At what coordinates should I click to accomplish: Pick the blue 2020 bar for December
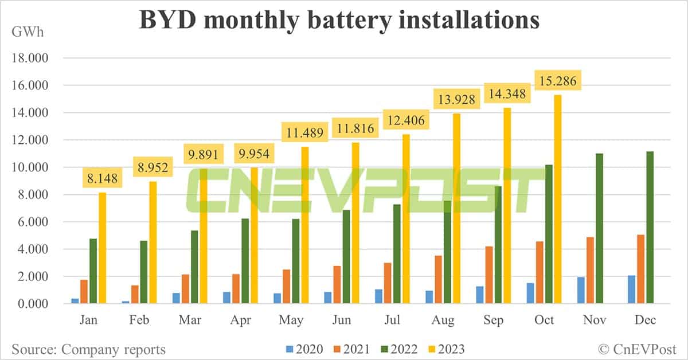coord(631,289)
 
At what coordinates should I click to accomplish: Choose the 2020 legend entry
coord(304,349)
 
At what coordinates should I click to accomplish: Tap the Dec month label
coord(645,320)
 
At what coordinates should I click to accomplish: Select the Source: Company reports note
coord(88,349)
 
